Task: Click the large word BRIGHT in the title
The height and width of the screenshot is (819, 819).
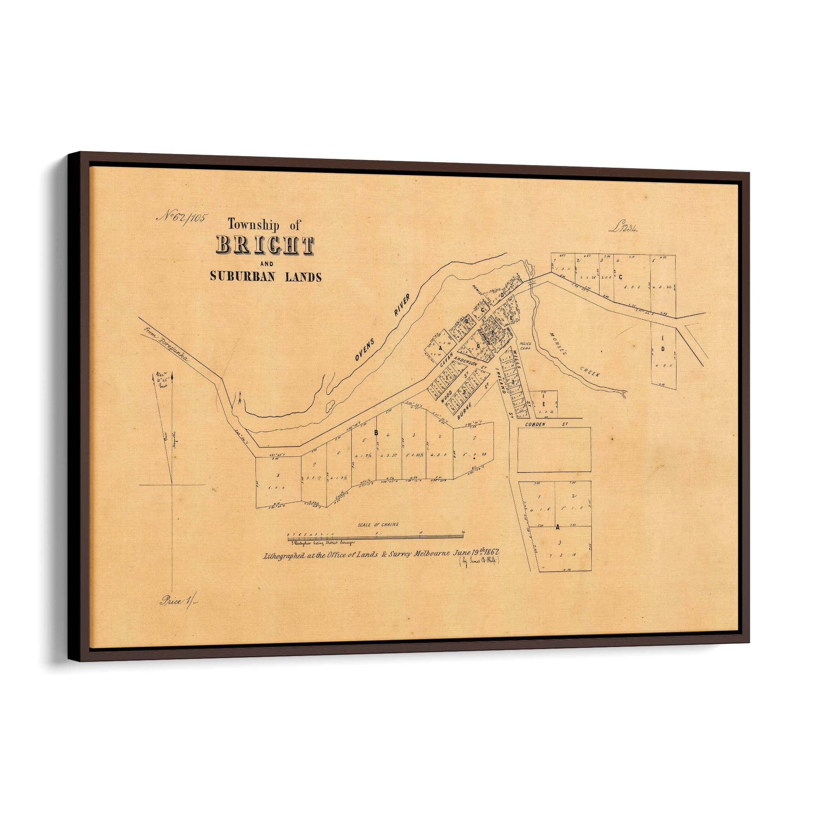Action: [x=265, y=245]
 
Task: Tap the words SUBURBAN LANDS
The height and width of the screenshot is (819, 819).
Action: [x=266, y=277]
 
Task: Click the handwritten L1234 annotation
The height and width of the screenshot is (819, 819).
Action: [x=624, y=229]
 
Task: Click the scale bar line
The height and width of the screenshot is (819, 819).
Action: [x=376, y=538]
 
